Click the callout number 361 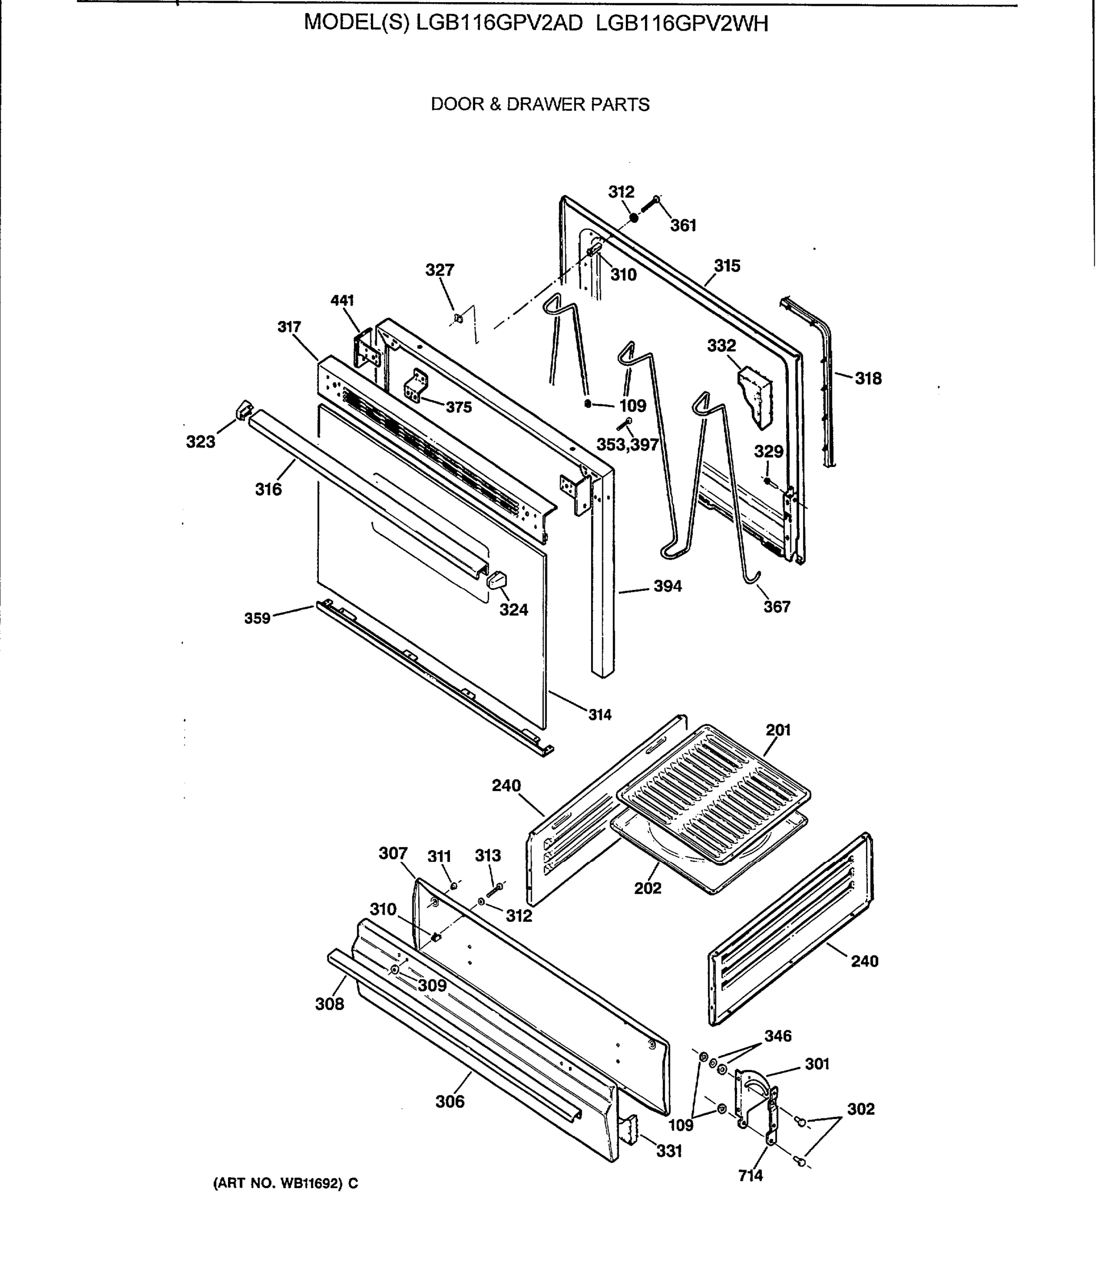point(683,226)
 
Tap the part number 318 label point(868,379)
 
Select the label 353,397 point(628,445)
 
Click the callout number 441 point(342,300)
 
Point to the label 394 point(667,587)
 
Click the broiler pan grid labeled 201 point(714,793)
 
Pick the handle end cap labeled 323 point(243,410)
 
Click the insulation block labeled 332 point(757,396)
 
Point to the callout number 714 point(751,1175)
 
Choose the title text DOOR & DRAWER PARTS point(540,105)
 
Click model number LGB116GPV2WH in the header point(681,24)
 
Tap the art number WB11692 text point(286,1183)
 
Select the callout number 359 point(257,618)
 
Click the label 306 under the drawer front point(450,1102)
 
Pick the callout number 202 point(647,888)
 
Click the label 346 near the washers point(778,1036)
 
